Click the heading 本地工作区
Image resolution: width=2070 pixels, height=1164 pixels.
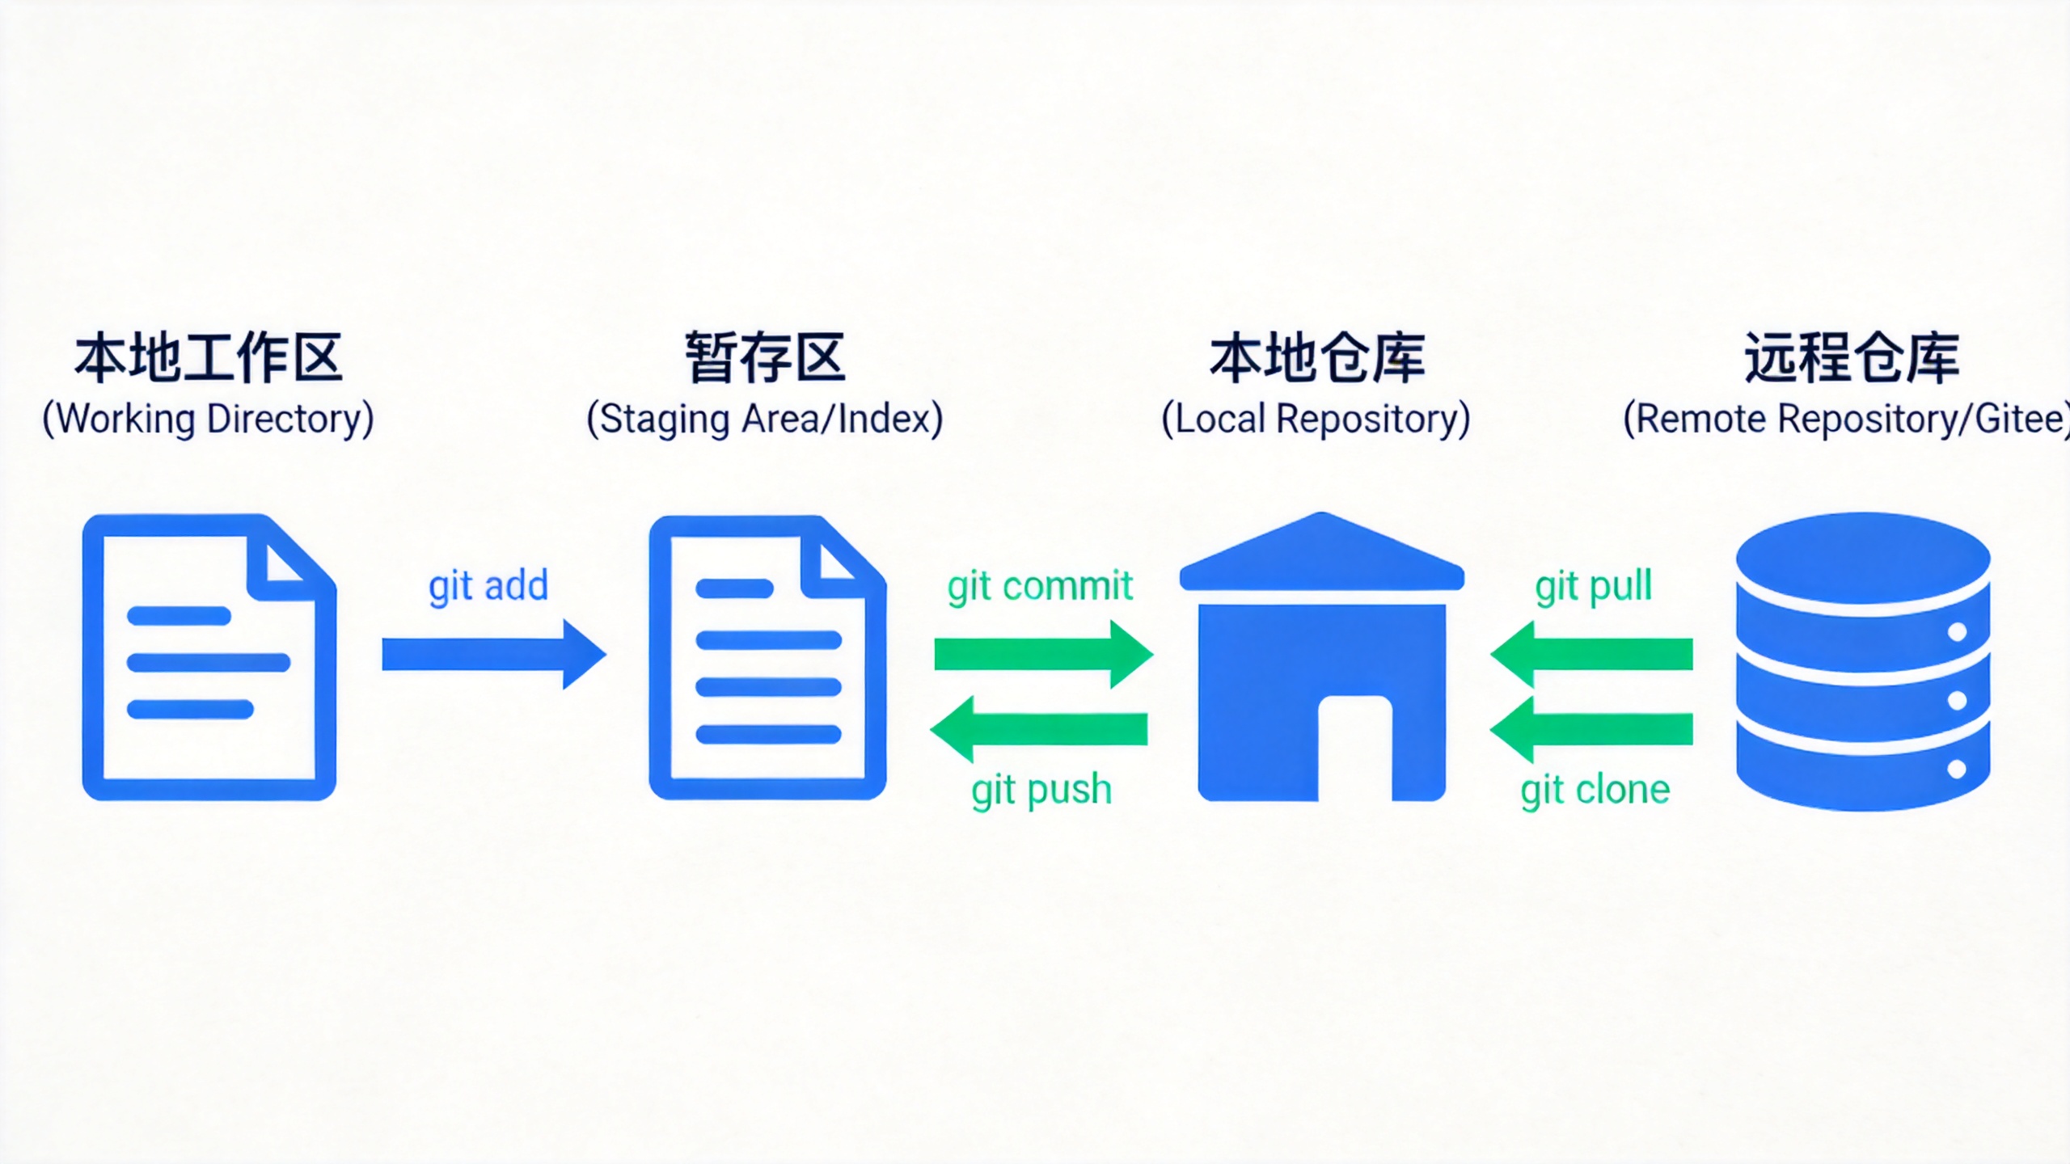tap(209, 358)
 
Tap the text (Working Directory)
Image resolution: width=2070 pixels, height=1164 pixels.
tap(209, 419)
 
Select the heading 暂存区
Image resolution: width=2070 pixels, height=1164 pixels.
tap(765, 358)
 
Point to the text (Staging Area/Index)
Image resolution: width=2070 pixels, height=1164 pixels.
tap(765, 419)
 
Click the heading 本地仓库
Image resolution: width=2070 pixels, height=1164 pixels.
tap(1317, 358)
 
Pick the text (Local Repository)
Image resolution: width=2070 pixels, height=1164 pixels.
tap(1316, 419)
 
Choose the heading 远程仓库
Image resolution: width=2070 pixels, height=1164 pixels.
tap(1852, 358)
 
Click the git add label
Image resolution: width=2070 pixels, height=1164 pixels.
tap(488, 586)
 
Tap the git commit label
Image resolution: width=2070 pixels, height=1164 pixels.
tap(1040, 586)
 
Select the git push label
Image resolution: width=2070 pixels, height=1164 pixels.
tap(1041, 790)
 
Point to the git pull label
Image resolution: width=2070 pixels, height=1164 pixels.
tap(1593, 586)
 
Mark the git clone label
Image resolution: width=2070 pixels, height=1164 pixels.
tap(1595, 790)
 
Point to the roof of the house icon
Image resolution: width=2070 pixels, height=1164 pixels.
tap(1322, 554)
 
